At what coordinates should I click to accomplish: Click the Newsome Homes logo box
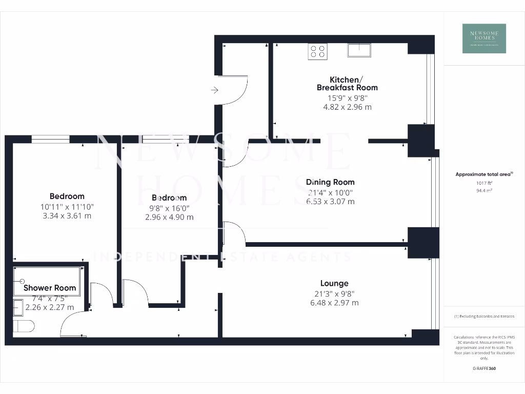click(x=484, y=38)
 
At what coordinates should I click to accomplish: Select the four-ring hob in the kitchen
click(x=318, y=51)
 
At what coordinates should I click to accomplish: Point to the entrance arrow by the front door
click(x=214, y=90)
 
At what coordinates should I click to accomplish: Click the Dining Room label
click(x=330, y=182)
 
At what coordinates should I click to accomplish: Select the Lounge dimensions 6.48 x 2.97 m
click(x=334, y=303)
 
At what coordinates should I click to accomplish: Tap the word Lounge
click(x=334, y=283)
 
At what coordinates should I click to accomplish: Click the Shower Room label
click(x=50, y=288)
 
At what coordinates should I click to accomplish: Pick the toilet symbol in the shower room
click(x=24, y=325)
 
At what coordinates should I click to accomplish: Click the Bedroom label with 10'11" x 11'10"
click(x=67, y=196)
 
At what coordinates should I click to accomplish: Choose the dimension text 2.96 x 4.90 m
click(x=169, y=217)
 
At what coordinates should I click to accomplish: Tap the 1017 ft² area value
click(x=484, y=183)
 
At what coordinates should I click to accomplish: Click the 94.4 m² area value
click(x=484, y=190)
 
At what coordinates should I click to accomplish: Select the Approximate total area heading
click(x=484, y=174)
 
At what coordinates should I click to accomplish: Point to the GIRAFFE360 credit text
click(x=484, y=368)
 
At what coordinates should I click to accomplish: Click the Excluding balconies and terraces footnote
click(x=484, y=317)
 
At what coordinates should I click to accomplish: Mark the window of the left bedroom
click(x=50, y=139)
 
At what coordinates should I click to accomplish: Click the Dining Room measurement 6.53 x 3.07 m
click(x=330, y=202)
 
